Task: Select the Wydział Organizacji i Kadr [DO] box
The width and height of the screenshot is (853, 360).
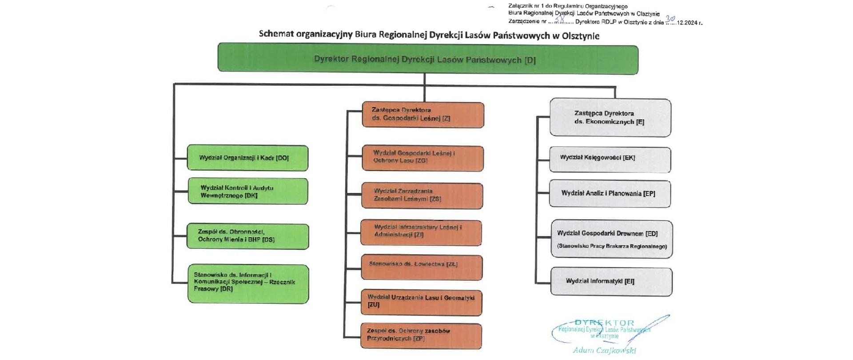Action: [x=247, y=158]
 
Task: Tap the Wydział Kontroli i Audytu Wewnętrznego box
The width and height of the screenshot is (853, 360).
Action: [x=247, y=192]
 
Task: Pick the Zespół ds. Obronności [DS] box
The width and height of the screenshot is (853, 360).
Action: [x=247, y=236]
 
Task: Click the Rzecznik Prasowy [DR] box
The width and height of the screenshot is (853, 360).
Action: [x=248, y=284]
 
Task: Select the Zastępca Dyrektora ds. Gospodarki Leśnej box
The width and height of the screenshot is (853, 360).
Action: [x=423, y=115]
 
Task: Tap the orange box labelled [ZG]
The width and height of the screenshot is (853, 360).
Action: [x=423, y=158]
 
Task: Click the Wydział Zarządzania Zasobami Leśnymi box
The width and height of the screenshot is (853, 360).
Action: [x=422, y=195]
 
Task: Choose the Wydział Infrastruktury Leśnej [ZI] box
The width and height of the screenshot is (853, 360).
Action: [x=421, y=232]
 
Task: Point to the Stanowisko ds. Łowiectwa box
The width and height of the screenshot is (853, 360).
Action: [x=422, y=267]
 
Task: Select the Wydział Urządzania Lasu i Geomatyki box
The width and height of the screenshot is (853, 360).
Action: [x=421, y=302]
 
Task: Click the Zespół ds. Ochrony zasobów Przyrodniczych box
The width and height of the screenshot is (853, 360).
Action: [x=421, y=336]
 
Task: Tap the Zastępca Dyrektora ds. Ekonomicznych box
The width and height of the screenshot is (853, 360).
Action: [x=610, y=117]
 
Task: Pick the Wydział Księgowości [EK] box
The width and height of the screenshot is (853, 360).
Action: [x=610, y=159]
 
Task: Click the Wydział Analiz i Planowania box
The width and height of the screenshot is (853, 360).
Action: [x=610, y=193]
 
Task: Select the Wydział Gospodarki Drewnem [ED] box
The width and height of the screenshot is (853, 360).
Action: [x=612, y=239]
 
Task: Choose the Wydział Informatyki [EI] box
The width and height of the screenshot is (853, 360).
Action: [x=611, y=281]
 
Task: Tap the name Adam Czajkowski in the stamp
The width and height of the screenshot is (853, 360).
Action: [x=604, y=350]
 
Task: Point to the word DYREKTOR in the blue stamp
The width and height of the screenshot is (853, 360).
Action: [x=604, y=323]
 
